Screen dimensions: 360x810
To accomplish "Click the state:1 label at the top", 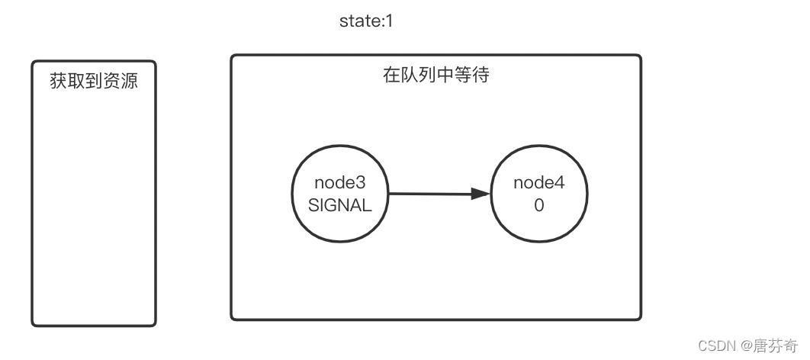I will coord(365,21).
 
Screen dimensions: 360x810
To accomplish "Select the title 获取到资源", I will coord(94,81).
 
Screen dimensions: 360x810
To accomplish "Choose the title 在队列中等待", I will coord(436,76).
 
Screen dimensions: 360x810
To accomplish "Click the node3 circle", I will coord(340,194).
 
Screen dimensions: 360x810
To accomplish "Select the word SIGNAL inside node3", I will coord(340,206).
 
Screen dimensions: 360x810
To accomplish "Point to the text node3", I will coord(340,183).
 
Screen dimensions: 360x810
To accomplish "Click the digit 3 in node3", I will coord(362,183).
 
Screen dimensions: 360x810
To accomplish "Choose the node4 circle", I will coord(538,194).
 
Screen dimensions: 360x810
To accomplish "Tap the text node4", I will coord(538,183).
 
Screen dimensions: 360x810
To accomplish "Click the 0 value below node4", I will coord(538,206).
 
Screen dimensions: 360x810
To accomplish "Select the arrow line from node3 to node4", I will coord(431,194).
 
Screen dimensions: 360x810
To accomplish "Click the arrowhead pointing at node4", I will coord(480,194).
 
